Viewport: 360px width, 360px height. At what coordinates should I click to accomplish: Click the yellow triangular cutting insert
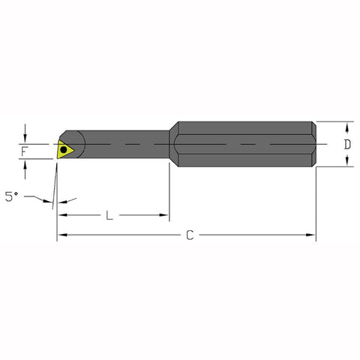(x=65, y=148)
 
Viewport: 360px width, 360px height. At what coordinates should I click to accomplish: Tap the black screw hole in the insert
(x=64, y=148)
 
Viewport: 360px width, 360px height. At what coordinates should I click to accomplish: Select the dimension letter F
(x=25, y=152)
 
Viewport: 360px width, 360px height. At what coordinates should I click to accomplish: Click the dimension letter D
(x=347, y=144)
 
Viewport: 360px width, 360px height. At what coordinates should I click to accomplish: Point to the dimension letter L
(x=109, y=215)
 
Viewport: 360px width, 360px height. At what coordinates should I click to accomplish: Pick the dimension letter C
(x=190, y=235)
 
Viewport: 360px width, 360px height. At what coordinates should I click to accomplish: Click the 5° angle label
(x=10, y=196)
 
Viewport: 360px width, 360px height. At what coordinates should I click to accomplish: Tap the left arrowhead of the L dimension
(x=61, y=215)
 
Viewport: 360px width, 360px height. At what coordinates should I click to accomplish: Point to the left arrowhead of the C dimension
(x=61, y=235)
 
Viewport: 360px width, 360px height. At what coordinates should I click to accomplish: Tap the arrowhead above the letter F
(x=25, y=138)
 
